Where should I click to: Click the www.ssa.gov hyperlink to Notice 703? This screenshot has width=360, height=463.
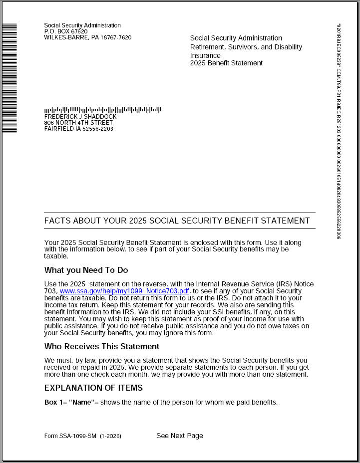pyautogui.click(x=124, y=291)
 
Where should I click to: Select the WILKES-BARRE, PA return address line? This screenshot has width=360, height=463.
pyautogui.click(x=87, y=37)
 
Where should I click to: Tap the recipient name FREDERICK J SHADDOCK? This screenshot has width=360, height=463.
pyautogui.click(x=80, y=117)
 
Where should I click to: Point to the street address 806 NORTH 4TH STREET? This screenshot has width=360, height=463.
pyautogui.click(x=78, y=123)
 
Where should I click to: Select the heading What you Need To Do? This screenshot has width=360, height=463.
pyautogui.click(x=86, y=270)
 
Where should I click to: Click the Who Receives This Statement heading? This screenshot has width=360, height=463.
pyautogui.click(x=101, y=346)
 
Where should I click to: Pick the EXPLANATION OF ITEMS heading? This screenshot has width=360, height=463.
pyautogui.click(x=93, y=388)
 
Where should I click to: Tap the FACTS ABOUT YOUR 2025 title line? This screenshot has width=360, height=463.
pyautogui.click(x=177, y=221)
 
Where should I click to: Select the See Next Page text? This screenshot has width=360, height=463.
pyautogui.click(x=180, y=436)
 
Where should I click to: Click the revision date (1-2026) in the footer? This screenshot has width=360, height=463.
pyautogui.click(x=110, y=436)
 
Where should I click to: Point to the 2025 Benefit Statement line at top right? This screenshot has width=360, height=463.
pyautogui.click(x=226, y=63)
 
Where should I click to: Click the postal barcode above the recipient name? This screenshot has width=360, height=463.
pyautogui.click(x=102, y=110)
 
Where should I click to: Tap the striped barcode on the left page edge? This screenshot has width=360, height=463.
pyautogui.click(x=9, y=77)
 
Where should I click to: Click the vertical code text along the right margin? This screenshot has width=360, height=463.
pyautogui.click(x=338, y=130)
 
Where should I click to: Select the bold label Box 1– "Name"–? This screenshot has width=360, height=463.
pyautogui.click(x=71, y=402)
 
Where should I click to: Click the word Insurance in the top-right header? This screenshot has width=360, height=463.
pyautogui.click(x=205, y=55)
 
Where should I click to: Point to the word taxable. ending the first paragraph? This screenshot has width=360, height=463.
pyautogui.click(x=56, y=256)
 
